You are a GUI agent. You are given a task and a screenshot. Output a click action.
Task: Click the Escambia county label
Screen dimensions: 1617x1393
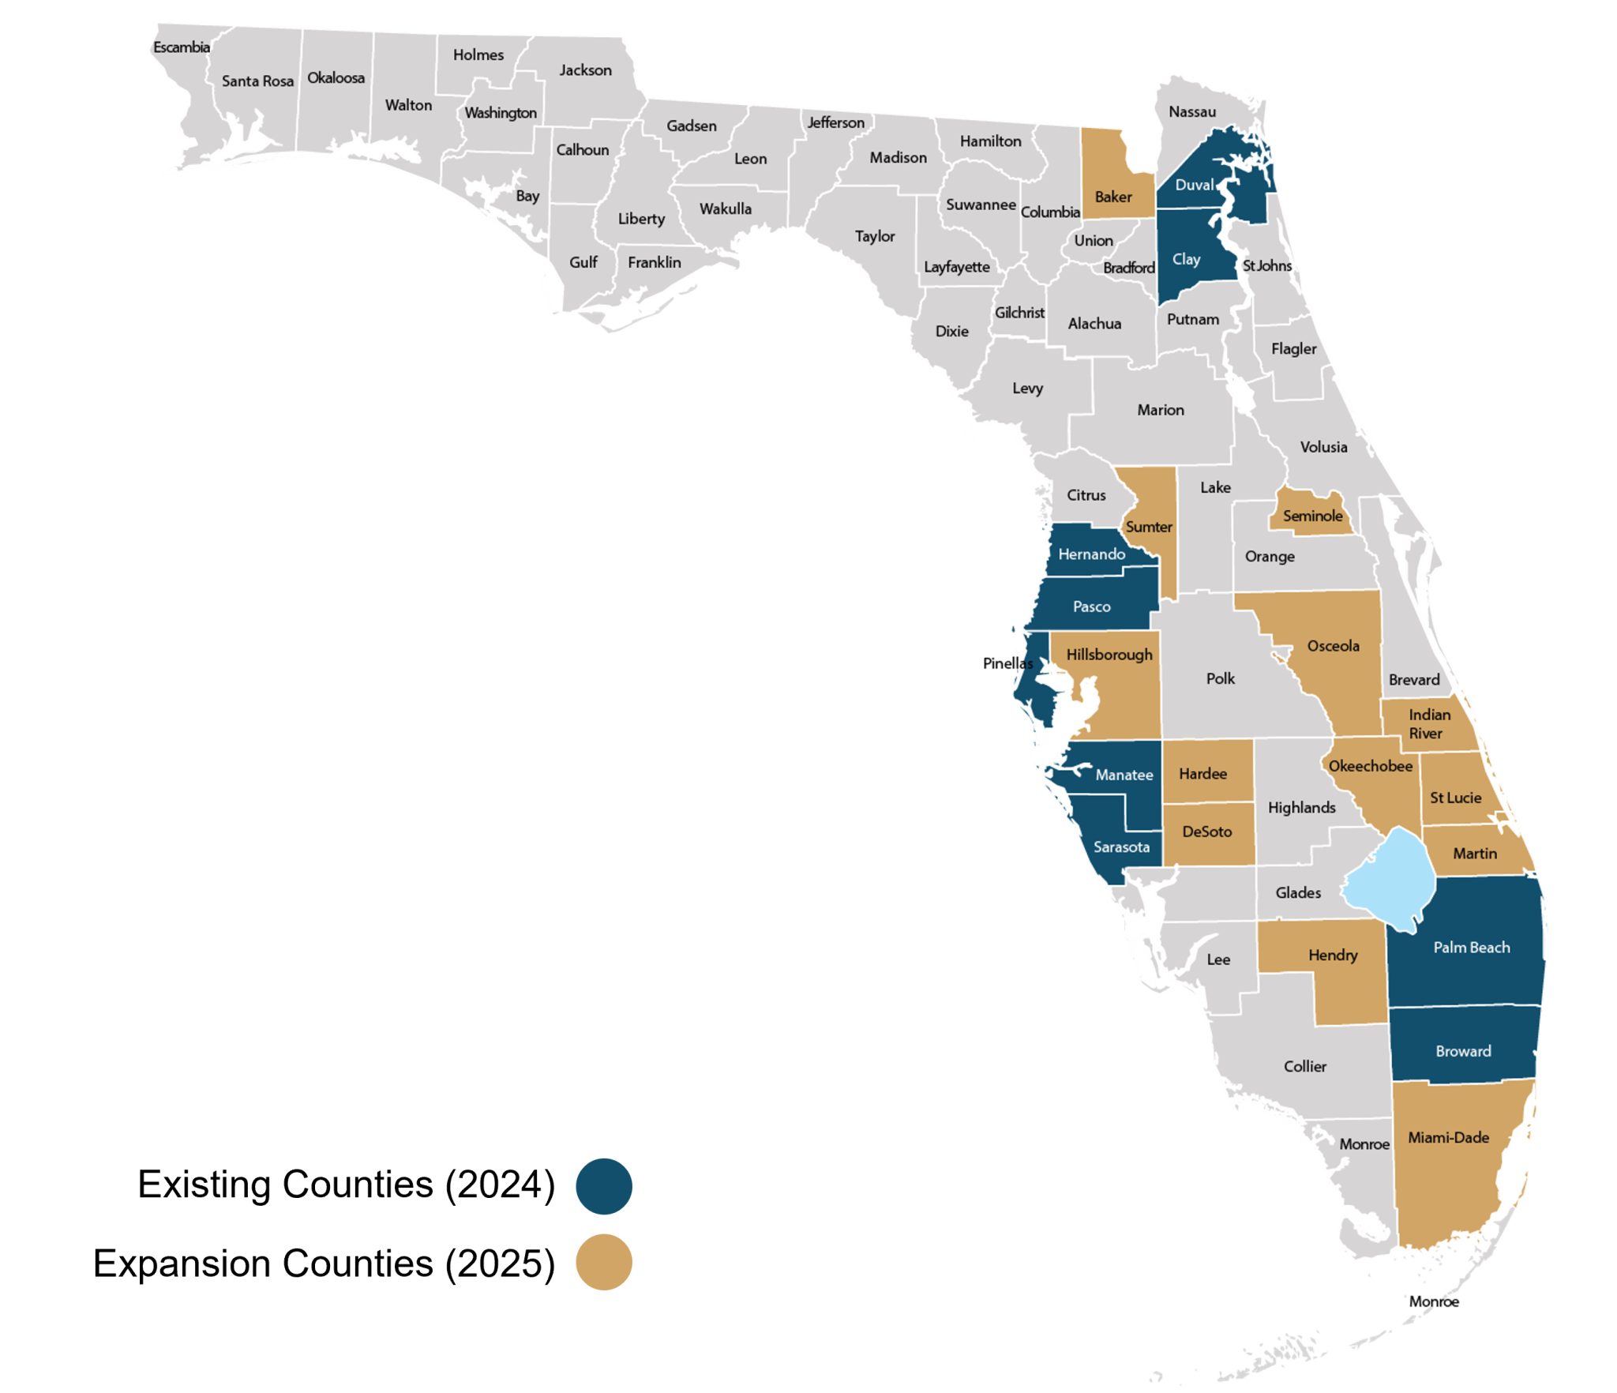pos(182,47)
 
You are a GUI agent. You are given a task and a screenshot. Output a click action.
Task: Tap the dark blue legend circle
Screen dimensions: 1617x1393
pos(603,1186)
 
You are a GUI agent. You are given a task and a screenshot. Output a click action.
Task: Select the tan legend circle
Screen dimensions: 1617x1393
pos(603,1261)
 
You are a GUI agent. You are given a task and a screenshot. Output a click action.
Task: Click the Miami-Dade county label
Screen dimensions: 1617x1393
pos(1448,1138)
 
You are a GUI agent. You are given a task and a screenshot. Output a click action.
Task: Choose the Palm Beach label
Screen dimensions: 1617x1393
pos(1471,948)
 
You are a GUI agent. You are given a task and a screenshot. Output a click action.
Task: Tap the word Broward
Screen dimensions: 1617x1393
pos(1463,1051)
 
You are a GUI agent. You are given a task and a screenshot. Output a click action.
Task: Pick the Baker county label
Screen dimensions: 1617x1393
pos(1113,197)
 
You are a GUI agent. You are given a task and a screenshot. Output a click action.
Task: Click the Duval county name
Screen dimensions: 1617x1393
pos(1194,185)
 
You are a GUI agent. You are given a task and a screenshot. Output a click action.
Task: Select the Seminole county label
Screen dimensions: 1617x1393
pos(1312,516)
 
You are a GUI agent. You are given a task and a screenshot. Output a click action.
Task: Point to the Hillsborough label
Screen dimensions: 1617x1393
pos(1109,655)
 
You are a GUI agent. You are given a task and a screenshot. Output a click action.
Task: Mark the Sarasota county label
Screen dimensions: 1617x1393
pos(1121,847)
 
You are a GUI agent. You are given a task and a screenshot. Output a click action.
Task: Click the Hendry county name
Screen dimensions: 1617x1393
pos(1333,956)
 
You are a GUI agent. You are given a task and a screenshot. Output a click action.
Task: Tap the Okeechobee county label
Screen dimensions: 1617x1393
pos(1370,766)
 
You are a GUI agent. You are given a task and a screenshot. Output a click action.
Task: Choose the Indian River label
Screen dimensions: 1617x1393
pos(1428,724)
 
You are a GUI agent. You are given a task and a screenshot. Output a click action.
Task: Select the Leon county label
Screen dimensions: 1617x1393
pos(750,159)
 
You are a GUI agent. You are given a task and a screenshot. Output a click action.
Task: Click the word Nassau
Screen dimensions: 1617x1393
pos(1192,112)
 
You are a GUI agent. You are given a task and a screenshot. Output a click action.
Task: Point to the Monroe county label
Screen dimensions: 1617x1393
pos(1364,1144)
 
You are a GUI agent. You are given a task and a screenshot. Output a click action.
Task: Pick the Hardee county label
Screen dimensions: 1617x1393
pos(1202,774)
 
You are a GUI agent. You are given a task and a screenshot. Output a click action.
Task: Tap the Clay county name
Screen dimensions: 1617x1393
pos(1186,259)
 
